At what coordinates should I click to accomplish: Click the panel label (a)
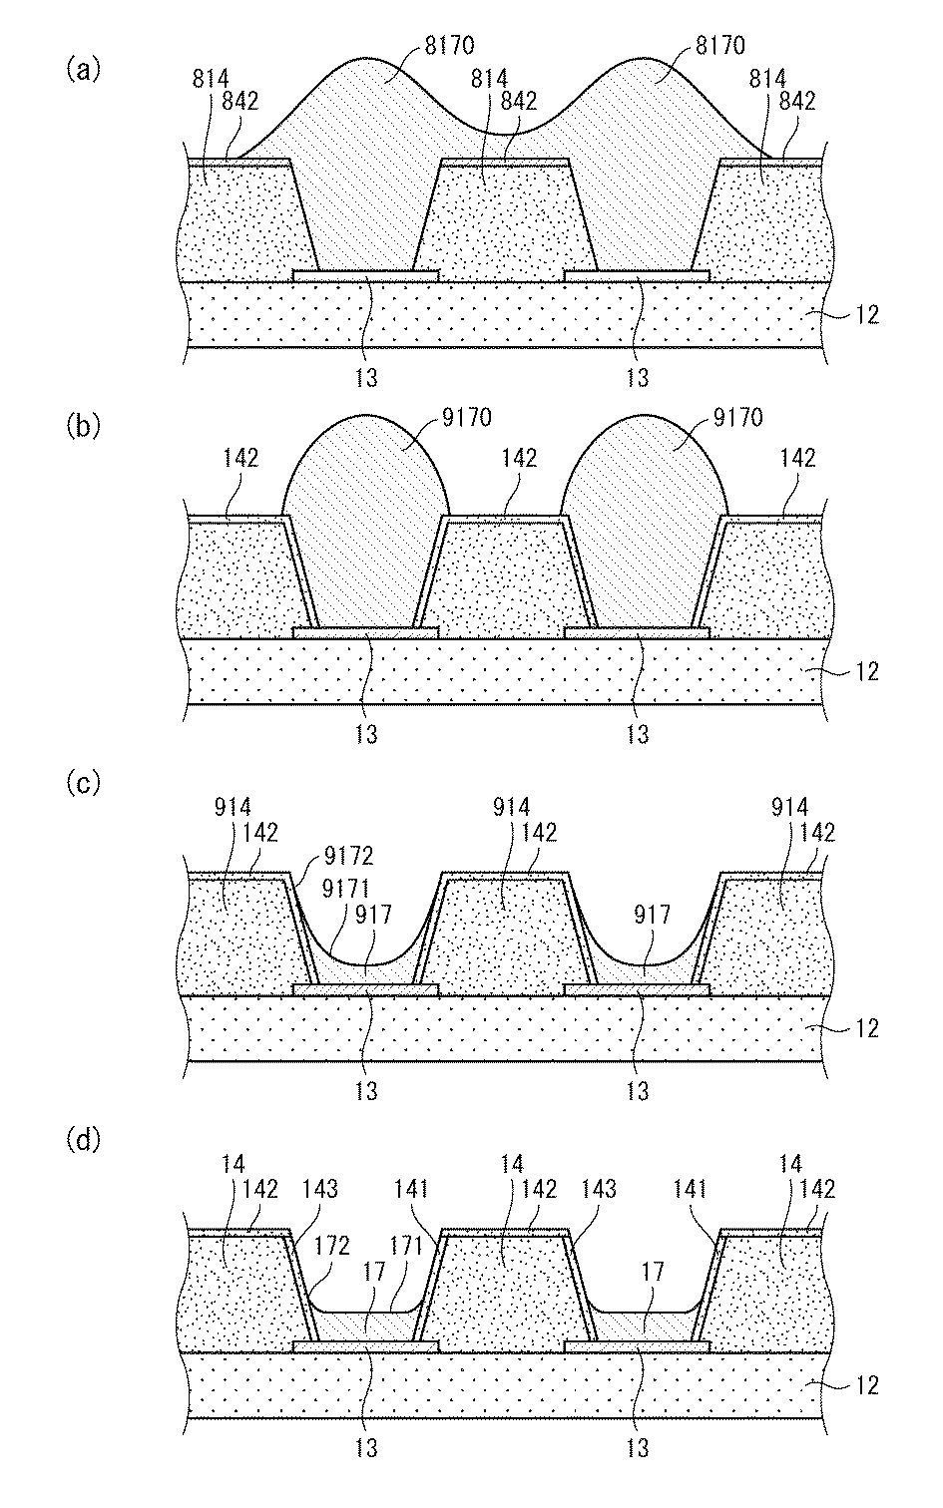pos(84,69)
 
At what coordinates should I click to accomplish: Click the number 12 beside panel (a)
pos(865,314)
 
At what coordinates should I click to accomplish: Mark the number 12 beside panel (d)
pos(865,1385)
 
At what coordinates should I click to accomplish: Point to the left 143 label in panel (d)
pos(320,1189)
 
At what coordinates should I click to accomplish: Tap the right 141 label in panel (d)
pos(690,1189)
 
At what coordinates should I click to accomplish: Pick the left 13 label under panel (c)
pos(366,1091)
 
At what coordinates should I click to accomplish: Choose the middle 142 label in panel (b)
pos(519,458)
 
